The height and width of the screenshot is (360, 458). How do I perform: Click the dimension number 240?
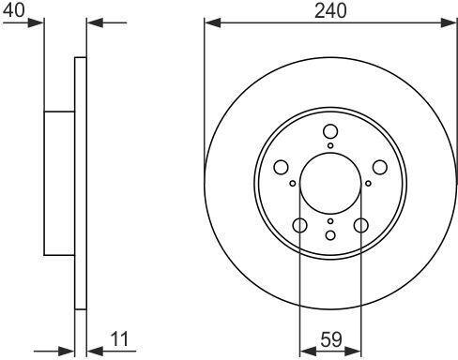pyautogui.click(x=330, y=10)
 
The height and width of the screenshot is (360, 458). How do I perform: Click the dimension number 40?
pyautogui.click(x=13, y=9)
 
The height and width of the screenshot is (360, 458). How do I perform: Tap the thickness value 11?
pyautogui.click(x=119, y=339)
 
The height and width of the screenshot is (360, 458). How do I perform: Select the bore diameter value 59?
pyautogui.click(x=331, y=339)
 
